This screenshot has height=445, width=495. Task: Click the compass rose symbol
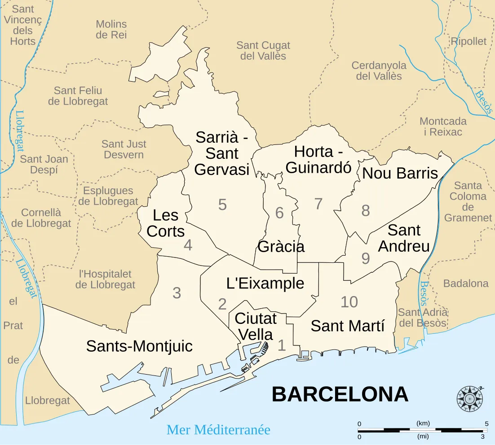(470, 398)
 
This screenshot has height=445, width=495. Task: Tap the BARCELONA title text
(340, 395)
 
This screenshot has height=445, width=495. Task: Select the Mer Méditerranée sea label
(218, 430)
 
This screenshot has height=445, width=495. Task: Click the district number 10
(349, 302)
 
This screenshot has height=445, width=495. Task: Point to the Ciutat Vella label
(256, 326)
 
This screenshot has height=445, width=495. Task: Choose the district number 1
(282, 345)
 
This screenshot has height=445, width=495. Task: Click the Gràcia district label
(281, 246)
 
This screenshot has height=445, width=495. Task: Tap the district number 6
(279, 213)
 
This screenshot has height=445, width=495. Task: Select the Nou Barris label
(400, 173)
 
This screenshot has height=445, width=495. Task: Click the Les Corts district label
(165, 223)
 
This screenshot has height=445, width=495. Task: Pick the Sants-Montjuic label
(139, 346)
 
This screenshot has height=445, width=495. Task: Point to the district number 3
(177, 293)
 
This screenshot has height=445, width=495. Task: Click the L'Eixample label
(265, 283)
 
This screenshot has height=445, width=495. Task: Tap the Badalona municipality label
(465, 284)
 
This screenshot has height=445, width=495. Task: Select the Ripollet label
(468, 41)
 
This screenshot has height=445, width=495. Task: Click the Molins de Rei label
(111, 29)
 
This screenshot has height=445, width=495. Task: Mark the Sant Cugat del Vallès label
(263, 51)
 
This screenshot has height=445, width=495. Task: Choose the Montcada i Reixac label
(443, 127)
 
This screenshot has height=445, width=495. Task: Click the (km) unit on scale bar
(423, 423)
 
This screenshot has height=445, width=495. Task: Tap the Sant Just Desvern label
(124, 149)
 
